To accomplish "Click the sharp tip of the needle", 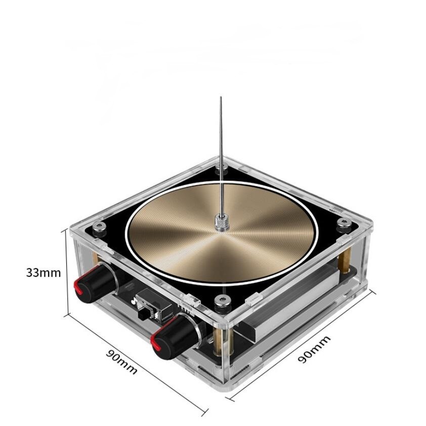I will click(221, 98).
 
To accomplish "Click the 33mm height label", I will click(44, 272).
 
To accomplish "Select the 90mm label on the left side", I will click(121, 361).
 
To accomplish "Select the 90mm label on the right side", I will click(314, 349).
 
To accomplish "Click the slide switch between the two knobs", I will click(147, 309).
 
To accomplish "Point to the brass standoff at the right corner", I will click(349, 253).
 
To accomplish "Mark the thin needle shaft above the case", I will click(221, 152).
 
